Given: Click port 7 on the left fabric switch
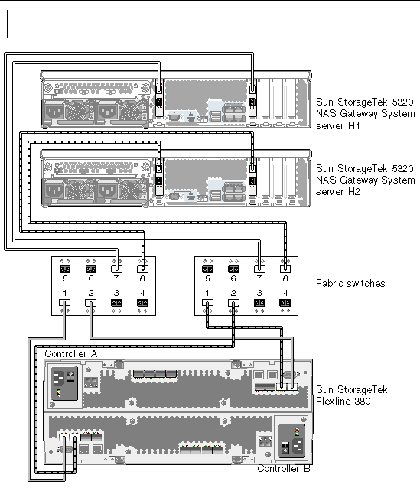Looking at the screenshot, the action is click(x=116, y=269).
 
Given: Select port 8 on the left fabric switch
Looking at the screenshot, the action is click(x=142, y=269).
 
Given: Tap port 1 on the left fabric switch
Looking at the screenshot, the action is click(x=64, y=303).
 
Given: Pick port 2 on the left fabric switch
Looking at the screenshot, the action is click(x=90, y=303).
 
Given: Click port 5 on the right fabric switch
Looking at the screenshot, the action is click(x=207, y=269).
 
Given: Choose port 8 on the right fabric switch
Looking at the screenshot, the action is click(x=285, y=269).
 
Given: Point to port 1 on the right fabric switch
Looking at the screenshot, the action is click(x=207, y=303).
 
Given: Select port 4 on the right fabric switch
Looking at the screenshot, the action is click(x=285, y=303).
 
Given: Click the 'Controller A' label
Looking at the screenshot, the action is click(x=71, y=354).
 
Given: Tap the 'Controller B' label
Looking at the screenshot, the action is click(x=284, y=469).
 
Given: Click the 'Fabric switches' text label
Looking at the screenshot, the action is click(x=350, y=284).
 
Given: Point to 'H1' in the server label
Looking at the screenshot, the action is click(x=354, y=126).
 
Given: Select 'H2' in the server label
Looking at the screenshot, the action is click(x=354, y=192).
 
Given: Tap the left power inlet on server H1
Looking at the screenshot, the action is click(x=54, y=112).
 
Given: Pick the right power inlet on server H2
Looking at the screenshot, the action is click(x=107, y=190).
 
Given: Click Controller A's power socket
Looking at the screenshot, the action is click(x=58, y=378).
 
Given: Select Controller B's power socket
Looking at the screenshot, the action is click(x=298, y=446).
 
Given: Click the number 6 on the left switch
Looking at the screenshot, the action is click(x=91, y=278).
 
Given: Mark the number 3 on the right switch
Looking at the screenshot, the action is click(x=259, y=293).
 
